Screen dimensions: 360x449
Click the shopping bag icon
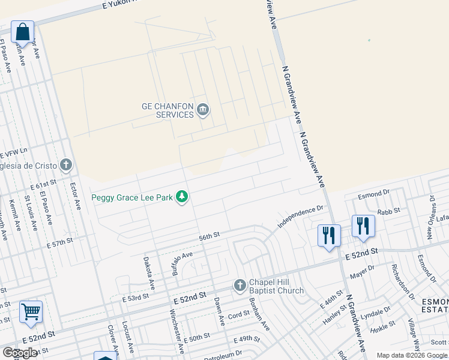tap(22, 31)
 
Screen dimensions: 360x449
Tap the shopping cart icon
tap(31, 311)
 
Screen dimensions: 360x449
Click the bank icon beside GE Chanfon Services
tap(203, 109)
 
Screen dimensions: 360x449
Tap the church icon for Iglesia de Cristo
tap(66, 164)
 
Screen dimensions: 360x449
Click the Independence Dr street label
tap(300, 217)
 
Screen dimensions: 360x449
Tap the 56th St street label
tap(210, 237)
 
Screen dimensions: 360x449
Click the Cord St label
tap(238, 315)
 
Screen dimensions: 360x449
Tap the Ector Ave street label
tap(75, 196)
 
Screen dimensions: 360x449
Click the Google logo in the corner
tap(20, 353)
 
